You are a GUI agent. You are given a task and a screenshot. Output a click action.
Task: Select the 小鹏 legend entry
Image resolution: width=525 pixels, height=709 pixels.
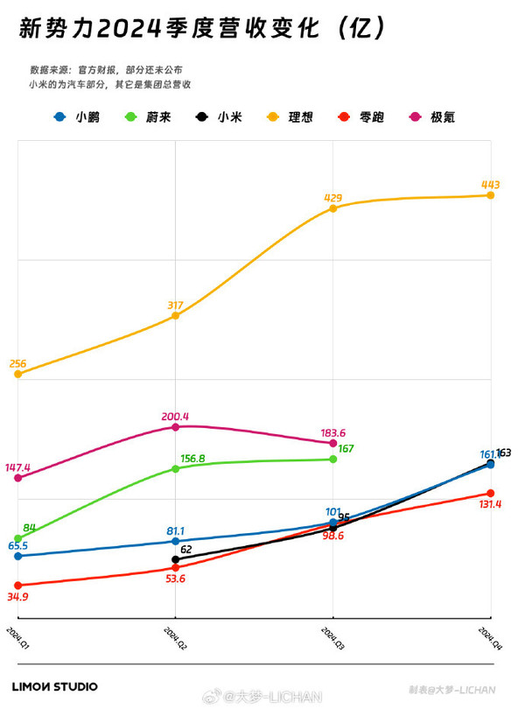tap(78, 116)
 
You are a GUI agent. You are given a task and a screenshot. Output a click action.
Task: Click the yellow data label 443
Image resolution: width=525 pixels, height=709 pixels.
tap(490, 185)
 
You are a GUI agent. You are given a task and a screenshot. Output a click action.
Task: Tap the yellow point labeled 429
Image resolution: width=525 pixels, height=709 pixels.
tap(333, 207)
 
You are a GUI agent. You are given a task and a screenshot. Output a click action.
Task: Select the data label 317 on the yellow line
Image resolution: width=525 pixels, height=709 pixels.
tap(175, 305)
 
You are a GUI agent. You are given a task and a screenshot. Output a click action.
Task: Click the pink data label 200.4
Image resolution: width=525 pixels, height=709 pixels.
tap(175, 417)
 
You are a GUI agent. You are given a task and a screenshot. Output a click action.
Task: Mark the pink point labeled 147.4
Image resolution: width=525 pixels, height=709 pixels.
tap(17, 478)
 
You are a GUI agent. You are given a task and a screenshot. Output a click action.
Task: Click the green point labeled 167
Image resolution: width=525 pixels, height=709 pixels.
tap(333, 459)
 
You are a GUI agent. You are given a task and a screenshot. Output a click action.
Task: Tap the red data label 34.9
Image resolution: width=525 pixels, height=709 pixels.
tap(17, 596)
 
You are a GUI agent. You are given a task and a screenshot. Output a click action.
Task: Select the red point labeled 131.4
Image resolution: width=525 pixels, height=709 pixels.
tap(490, 494)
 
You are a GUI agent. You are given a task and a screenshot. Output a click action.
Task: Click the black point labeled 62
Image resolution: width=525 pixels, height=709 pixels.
tap(176, 559)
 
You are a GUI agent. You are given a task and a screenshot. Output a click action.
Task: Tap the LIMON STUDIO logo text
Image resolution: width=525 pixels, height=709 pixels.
tap(54, 687)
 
